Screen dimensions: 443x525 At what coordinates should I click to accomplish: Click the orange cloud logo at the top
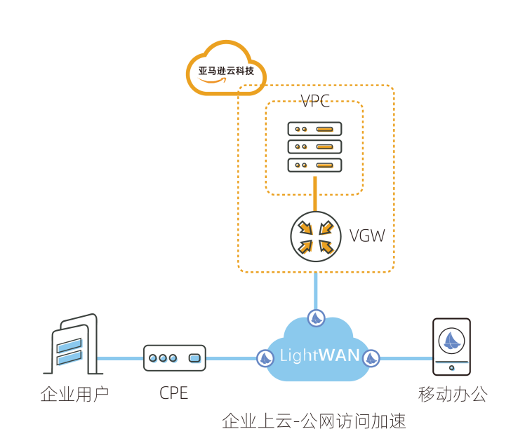(x=225, y=69)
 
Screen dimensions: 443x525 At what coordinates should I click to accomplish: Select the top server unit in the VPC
(x=314, y=129)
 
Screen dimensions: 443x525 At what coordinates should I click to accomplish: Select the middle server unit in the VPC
(x=314, y=146)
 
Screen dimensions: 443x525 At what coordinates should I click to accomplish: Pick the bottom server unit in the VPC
(x=314, y=165)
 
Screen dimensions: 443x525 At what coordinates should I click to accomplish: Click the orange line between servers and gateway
(x=315, y=193)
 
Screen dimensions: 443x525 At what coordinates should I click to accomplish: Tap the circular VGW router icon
(x=316, y=236)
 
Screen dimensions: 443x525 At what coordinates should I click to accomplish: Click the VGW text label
(x=367, y=236)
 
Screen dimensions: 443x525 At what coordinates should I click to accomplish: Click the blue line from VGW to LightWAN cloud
(x=316, y=289)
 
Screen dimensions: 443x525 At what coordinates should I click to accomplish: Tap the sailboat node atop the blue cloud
(x=316, y=318)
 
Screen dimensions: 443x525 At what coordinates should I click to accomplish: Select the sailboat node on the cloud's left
(x=265, y=358)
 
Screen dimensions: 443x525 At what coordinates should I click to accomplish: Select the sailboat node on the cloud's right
(x=371, y=358)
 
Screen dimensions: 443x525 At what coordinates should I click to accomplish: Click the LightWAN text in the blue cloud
(x=319, y=356)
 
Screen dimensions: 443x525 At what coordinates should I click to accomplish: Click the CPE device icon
(x=174, y=357)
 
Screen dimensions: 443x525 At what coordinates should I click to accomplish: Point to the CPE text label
(x=174, y=393)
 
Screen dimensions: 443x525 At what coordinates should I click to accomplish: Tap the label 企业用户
(x=74, y=394)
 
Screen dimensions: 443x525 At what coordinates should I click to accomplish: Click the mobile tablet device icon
(x=451, y=347)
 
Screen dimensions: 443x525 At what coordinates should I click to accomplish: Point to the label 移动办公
(x=452, y=394)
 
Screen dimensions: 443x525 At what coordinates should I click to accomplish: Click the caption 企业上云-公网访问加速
(x=314, y=421)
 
